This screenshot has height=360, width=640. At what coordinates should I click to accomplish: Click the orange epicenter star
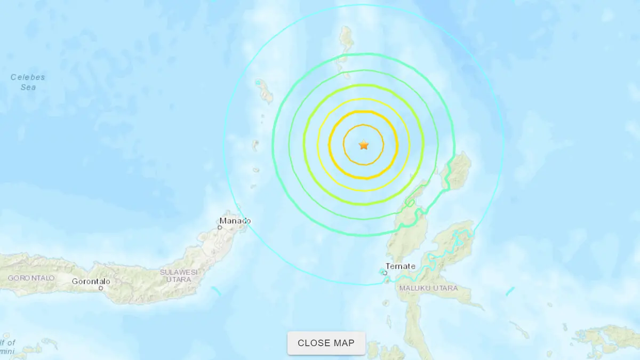click(364, 145)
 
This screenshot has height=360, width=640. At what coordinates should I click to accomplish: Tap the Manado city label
click(235, 221)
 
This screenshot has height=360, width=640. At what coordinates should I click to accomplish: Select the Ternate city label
click(401, 266)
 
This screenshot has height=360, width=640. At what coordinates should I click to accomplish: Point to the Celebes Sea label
click(28, 82)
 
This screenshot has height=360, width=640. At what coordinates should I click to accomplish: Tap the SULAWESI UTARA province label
click(179, 276)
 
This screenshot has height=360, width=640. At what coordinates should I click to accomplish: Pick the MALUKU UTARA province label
click(428, 289)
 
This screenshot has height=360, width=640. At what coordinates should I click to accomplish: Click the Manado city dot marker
click(220, 228)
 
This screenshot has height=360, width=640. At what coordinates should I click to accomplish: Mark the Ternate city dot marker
click(385, 273)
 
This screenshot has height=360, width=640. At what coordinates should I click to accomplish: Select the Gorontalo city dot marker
click(100, 289)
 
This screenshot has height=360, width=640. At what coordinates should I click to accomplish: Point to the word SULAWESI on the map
click(179, 272)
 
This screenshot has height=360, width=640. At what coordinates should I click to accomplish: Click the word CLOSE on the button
click(314, 343)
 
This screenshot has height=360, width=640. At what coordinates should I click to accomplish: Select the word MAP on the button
click(345, 343)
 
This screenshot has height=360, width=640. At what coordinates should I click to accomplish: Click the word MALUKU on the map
click(414, 289)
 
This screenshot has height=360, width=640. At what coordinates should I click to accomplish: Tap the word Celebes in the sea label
click(28, 77)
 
